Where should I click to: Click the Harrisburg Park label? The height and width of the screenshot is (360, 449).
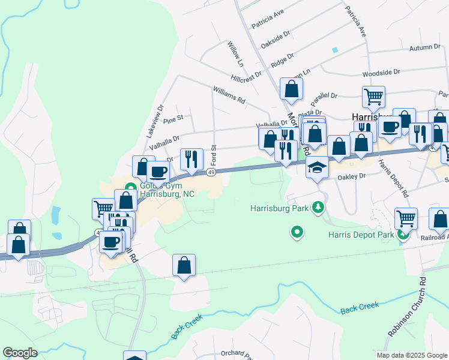pyautogui.click(x=279, y=209)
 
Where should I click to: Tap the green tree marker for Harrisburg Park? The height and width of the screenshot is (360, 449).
pyautogui.click(x=318, y=208)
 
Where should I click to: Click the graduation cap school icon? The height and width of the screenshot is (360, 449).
pyautogui.click(x=317, y=167)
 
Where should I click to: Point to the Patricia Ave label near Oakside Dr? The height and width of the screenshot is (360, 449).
pyautogui.click(x=268, y=19)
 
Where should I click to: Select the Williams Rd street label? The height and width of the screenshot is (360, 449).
pyautogui.click(x=229, y=95)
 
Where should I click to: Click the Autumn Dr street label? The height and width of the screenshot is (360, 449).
pyautogui.click(x=425, y=48)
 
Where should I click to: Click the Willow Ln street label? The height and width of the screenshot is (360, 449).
pyautogui.click(x=237, y=54)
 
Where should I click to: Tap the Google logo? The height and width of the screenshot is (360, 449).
pyautogui.click(x=20, y=353)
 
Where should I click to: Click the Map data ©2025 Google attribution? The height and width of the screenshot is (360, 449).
pyautogui.click(x=411, y=355)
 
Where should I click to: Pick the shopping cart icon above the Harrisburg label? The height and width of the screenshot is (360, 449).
pyautogui.click(x=373, y=96)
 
